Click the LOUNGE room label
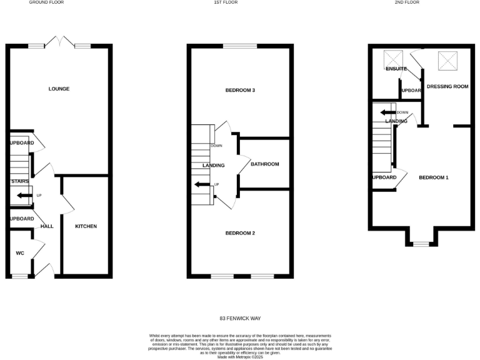point(59,89)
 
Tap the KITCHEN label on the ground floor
point(86,226)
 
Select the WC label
point(19,253)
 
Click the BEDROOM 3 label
point(240,91)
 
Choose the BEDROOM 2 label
point(240,233)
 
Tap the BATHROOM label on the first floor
point(264,164)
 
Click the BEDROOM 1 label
point(434,177)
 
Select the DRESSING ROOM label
point(447,86)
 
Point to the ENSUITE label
point(396,69)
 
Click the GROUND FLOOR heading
point(46,2)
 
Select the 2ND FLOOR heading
point(424,2)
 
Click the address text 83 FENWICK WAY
point(240,318)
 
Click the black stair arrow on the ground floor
point(24,196)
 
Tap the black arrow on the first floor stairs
point(202,184)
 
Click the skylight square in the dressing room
point(447,60)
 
